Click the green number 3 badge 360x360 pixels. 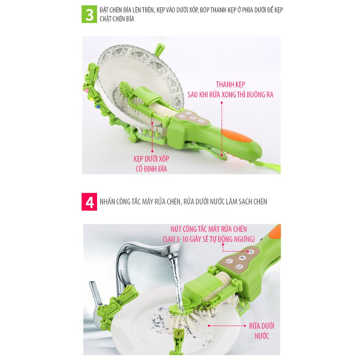click(89, 14)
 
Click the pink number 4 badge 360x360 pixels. click(89, 202)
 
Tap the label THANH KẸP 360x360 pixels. click(230, 85)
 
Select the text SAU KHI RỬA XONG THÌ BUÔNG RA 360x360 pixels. click(230, 95)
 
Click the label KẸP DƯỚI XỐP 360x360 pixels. click(151, 159)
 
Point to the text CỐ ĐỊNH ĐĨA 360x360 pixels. click(151, 169)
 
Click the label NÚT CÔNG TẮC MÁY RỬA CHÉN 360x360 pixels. click(209, 229)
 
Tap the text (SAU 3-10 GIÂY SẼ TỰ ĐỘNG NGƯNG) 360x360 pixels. click(209, 239)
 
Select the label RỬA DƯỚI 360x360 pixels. click(262, 326)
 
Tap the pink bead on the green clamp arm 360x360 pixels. click(86, 91)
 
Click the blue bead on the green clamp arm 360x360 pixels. click(98, 107)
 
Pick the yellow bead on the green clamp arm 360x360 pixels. click(91, 99)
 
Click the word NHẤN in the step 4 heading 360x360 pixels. click(107, 201)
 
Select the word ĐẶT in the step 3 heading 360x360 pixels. click(104, 10)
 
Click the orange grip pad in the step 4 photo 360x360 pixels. click(275, 232)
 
